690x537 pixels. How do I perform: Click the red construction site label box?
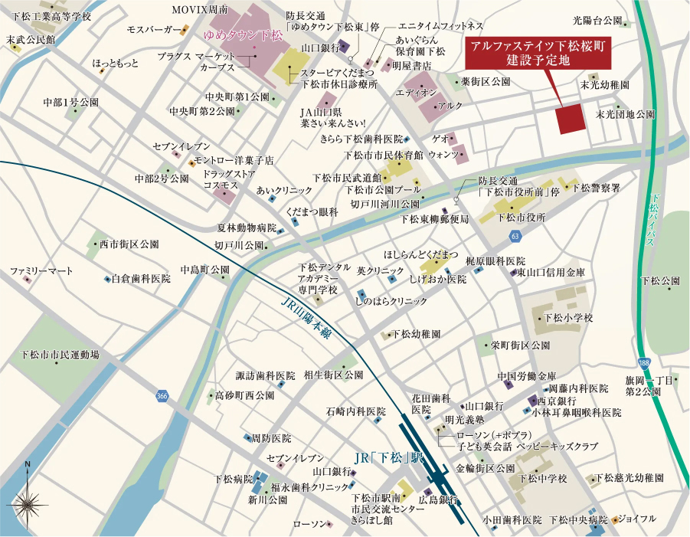[538, 52]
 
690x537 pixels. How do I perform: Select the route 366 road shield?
[161, 396]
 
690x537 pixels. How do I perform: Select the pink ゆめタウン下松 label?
[243, 35]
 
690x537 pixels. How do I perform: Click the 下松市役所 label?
[521, 217]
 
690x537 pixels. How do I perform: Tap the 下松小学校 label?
[568, 317]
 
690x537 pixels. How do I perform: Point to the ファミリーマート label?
[41, 271]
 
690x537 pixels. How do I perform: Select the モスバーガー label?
[152, 30]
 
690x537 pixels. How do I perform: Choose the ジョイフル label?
[636, 519]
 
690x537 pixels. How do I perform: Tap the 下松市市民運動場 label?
[60, 355]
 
